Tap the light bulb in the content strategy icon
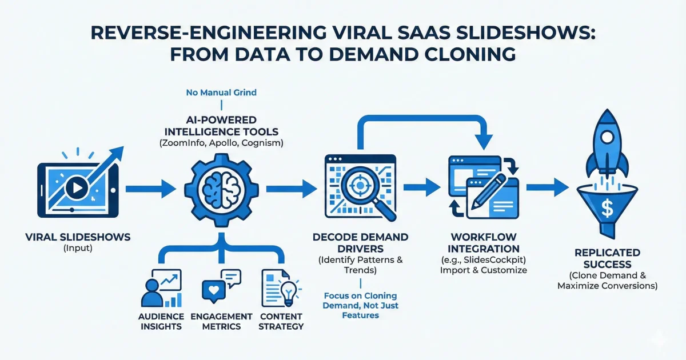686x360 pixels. point(288,291)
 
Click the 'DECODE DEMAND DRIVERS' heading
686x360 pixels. point(360,243)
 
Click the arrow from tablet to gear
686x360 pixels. point(150,186)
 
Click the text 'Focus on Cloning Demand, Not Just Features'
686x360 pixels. point(361,306)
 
